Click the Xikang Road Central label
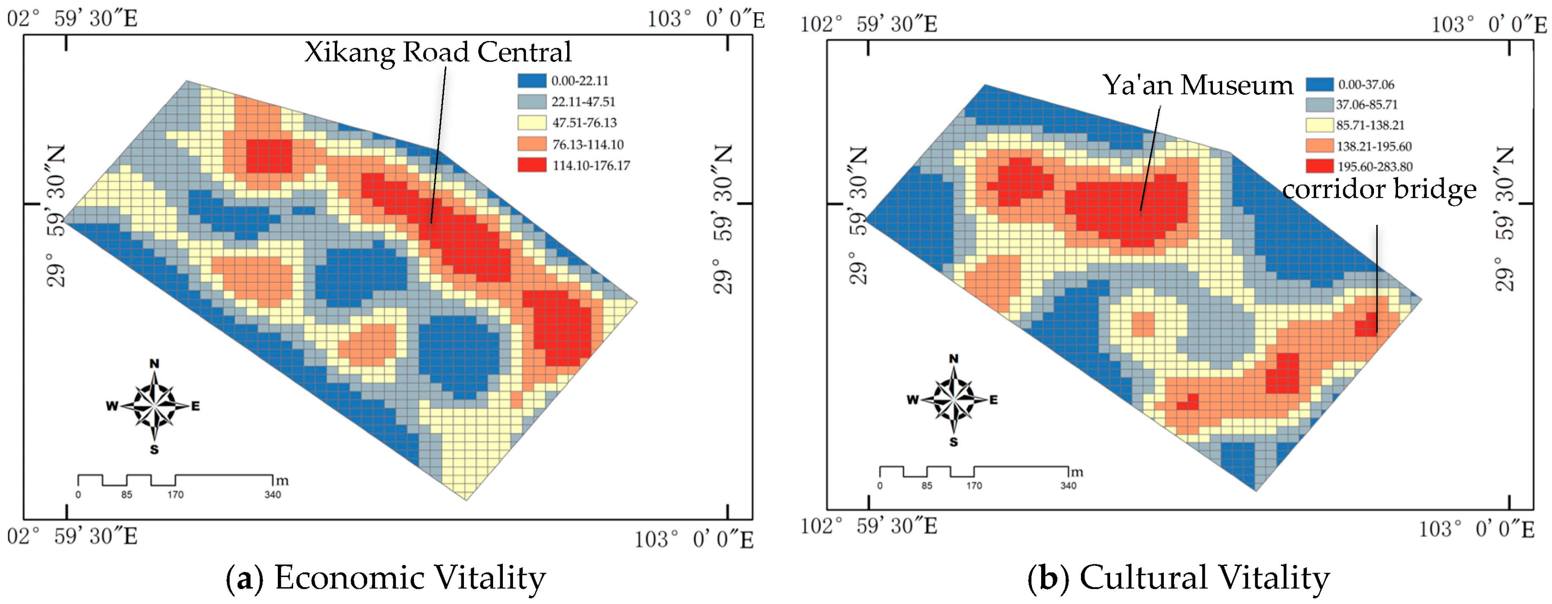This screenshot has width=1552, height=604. pos(438,52)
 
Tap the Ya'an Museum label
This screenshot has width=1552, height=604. pos(1198,85)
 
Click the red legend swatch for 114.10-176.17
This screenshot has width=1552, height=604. pos(532,165)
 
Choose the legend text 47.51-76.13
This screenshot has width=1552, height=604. pos(584,123)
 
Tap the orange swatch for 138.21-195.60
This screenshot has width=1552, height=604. pos(1319,146)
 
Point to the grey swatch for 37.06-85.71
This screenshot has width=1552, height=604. pos(1319,104)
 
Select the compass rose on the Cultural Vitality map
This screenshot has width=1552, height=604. pos(954,400)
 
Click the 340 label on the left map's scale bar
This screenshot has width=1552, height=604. pos(272,495)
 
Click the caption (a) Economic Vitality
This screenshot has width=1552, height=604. pos(386,578)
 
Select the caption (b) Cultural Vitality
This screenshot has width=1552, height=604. pos(1179,578)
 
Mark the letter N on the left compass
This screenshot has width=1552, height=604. pos(154,364)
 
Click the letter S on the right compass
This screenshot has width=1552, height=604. pos(954,442)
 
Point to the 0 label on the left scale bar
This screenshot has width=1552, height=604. pos(78,495)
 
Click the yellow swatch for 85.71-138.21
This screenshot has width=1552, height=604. pos(1319,125)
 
